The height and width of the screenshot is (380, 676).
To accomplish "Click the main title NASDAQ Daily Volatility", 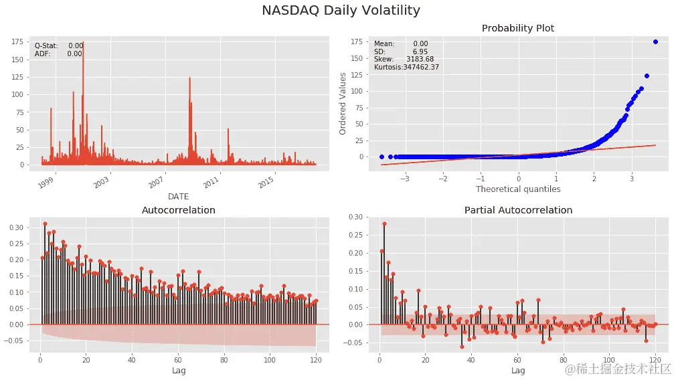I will click(x=341, y=11).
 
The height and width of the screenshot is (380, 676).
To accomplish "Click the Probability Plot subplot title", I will click(x=518, y=28).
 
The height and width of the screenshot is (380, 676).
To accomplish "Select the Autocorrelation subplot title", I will click(x=178, y=210).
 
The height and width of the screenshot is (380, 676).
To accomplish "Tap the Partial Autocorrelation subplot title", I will click(x=518, y=210).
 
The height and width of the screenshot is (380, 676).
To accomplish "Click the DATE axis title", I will click(x=178, y=197).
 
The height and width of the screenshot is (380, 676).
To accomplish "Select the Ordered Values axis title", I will click(x=343, y=104).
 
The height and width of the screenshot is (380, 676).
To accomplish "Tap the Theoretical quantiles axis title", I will click(x=518, y=189).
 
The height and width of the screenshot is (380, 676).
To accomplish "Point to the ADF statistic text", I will click(x=58, y=54).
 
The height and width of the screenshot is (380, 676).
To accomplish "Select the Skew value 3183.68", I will click(x=420, y=60).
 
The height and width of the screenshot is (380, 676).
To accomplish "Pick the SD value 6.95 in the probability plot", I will click(x=420, y=52).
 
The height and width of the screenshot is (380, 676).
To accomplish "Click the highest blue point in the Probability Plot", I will click(x=655, y=41).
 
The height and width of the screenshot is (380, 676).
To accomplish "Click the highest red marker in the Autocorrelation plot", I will click(x=45, y=223).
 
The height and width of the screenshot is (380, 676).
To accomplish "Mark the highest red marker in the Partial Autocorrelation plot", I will click(x=384, y=224).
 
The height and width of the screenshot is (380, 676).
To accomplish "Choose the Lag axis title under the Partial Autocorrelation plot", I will click(x=518, y=370).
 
